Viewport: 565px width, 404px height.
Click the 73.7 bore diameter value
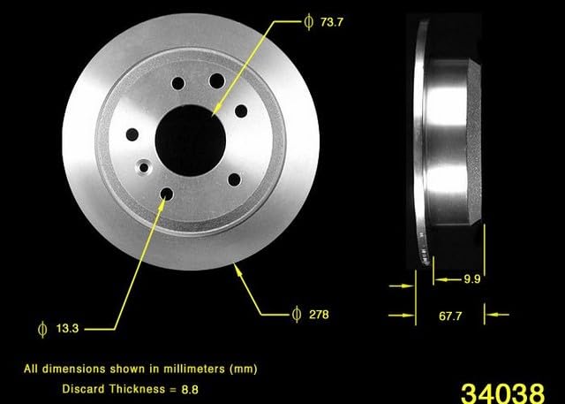pos(332,22)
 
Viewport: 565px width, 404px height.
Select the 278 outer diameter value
pos(319,315)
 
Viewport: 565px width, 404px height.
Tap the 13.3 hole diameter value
pos(67,329)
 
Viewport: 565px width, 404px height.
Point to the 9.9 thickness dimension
pos(472,279)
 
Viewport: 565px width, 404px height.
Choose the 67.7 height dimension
pos(450,316)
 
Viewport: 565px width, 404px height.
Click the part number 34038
pos(502,393)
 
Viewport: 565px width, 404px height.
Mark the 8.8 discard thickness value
pos(190,390)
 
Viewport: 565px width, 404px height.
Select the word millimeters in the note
pos(194,369)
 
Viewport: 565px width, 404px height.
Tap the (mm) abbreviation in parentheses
pos(244,369)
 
